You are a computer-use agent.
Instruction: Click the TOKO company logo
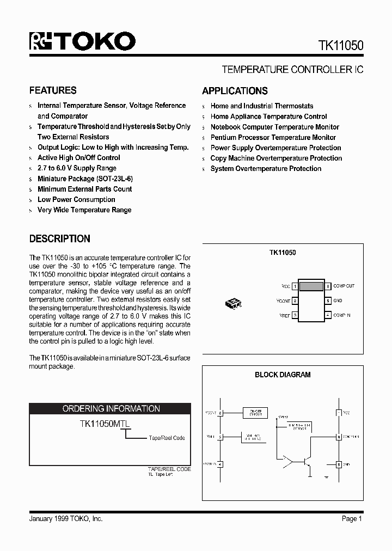point(82,42)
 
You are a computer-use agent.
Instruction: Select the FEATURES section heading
point(53,90)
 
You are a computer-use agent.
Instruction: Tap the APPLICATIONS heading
point(235,91)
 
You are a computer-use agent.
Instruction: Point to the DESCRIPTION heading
point(59,238)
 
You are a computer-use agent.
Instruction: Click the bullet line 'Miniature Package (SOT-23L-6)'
point(85,179)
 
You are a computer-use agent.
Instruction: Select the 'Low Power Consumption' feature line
point(76,199)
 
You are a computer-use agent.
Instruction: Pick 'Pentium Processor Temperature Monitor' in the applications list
point(273,137)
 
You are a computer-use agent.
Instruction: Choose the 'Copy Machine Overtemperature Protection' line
point(276,158)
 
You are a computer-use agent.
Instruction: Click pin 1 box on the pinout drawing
point(295,286)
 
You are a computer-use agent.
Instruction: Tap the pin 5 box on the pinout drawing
point(328,301)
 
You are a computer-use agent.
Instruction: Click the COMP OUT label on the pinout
point(344,286)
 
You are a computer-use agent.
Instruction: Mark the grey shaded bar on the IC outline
point(311,286)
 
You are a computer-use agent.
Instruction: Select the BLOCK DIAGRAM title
point(283,375)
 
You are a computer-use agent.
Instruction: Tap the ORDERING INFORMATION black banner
point(111,408)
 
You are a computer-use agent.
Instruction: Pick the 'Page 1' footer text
point(352,519)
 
